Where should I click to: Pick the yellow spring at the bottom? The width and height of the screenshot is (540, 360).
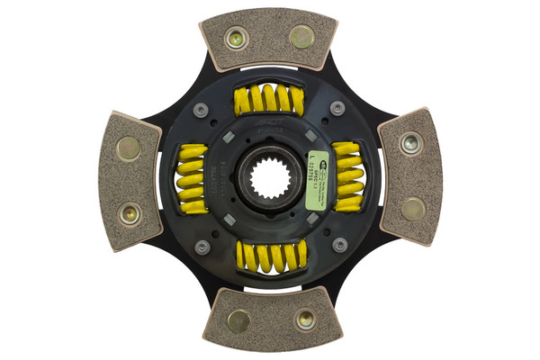(x=271, y=256)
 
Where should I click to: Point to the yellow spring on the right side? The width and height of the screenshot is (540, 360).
(x=348, y=176)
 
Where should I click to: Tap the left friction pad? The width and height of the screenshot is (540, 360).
(x=130, y=181)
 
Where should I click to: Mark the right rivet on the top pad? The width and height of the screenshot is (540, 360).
(x=302, y=37)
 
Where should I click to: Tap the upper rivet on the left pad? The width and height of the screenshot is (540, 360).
(x=129, y=148)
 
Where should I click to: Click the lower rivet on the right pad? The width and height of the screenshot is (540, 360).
(x=413, y=209)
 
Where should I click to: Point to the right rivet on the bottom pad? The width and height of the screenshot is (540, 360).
(x=305, y=319)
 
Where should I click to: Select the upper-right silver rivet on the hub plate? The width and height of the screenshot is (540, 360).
(x=338, y=108)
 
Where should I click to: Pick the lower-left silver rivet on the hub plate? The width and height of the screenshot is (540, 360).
(x=202, y=247)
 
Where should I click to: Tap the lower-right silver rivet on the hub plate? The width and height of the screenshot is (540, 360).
(x=339, y=245)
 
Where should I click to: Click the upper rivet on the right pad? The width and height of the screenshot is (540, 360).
(x=411, y=141)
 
